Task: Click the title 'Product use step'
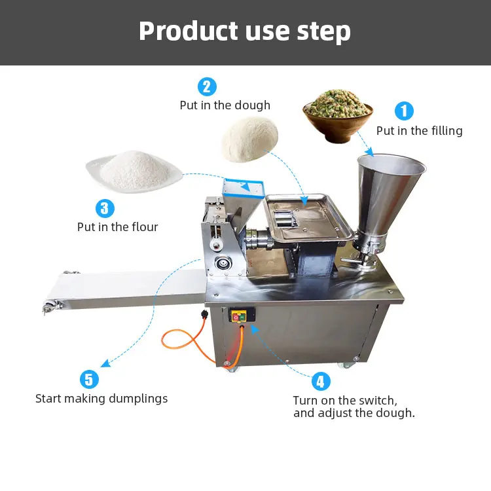pyautogui.click(x=245, y=31)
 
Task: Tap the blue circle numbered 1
pyautogui.click(x=403, y=110)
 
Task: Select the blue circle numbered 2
pyautogui.click(x=207, y=86)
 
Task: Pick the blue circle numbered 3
pyautogui.click(x=105, y=209)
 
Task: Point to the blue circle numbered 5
pyautogui.click(x=90, y=379)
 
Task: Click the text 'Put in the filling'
pyautogui.click(x=419, y=131)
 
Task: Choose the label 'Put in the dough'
pyautogui.click(x=225, y=105)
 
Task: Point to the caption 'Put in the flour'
pyautogui.click(x=118, y=227)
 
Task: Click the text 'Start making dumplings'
pyautogui.click(x=101, y=398)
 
